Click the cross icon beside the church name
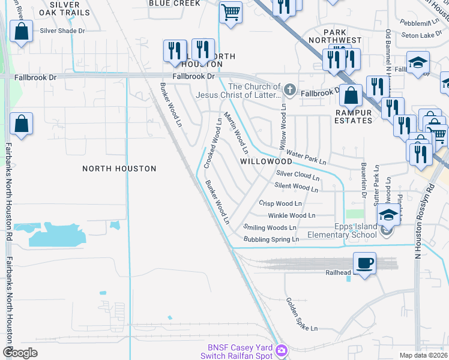tap(290, 91)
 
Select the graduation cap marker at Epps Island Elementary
tap(388, 215)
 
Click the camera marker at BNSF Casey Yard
tap(282, 349)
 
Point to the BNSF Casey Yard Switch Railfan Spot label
tap(240, 352)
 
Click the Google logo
tap(20, 352)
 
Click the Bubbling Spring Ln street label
tap(271, 239)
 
